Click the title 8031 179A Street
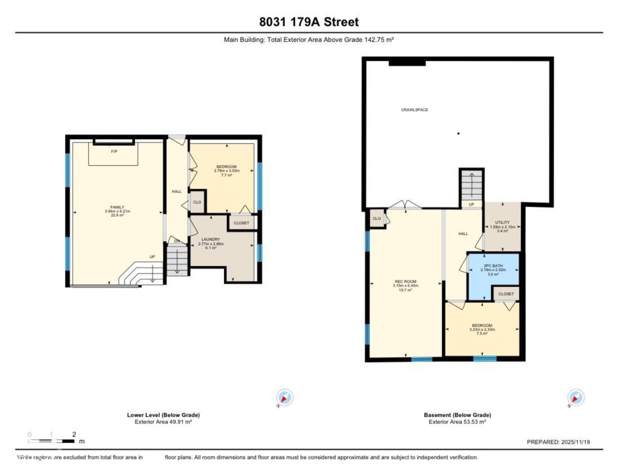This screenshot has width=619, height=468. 309,22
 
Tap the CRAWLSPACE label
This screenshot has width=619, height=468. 414,110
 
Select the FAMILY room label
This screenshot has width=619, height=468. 117,207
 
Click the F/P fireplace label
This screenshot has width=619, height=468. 114,151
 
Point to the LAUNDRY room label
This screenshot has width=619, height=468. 209,240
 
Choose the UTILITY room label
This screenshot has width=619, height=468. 502,223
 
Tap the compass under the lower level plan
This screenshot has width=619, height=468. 285,398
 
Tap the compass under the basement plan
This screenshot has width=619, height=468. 576,398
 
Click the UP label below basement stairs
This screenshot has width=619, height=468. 471,204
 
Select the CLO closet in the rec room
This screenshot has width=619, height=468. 376,219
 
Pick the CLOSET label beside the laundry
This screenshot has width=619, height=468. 242,223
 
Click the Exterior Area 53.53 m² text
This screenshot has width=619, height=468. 457,422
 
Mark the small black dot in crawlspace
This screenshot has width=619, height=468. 458,133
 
